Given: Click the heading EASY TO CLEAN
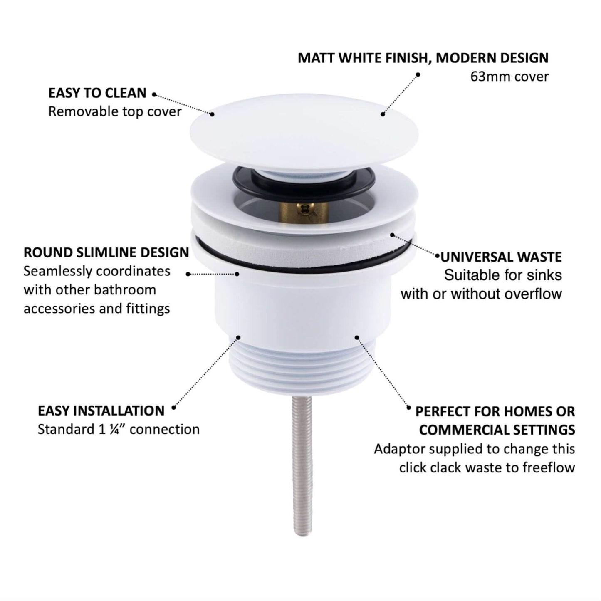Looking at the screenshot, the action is coord(97,93).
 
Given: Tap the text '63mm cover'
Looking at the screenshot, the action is coord(509,77).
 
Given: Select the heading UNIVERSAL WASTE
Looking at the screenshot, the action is coord(501,257).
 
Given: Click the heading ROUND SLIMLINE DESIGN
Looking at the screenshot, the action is coord(106,252).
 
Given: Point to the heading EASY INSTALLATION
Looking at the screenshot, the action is coord(101,411).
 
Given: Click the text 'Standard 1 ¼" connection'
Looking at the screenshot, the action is coord(119,430).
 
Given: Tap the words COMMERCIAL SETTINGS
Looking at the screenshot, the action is coord(497,430).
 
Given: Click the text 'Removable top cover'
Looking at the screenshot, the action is coord(115,111).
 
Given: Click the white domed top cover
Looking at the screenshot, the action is coord(304,133).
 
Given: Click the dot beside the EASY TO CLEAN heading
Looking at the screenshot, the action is coord(154,94).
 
